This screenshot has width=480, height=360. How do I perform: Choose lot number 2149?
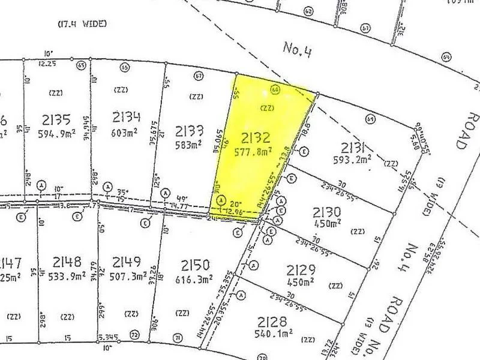(125, 262)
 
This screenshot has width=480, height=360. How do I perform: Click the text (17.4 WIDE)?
(82, 24)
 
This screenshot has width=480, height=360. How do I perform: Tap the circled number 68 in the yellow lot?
(276, 89)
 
